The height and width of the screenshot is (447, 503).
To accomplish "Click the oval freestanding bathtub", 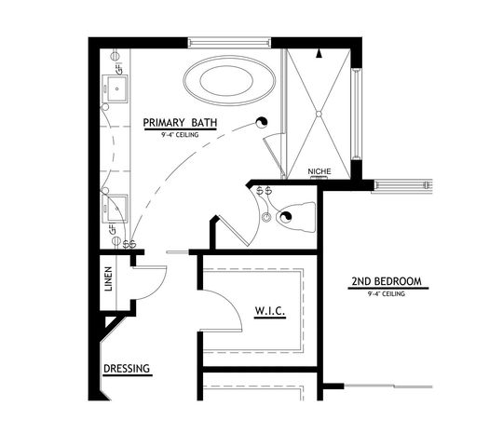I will pos(228,78).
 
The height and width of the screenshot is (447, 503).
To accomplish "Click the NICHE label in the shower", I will pos(319,171).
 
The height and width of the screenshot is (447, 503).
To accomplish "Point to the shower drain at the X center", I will pos(319,114).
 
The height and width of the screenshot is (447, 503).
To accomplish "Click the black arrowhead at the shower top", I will pos(319,55).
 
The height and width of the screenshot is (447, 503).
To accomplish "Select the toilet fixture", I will pos(296,216).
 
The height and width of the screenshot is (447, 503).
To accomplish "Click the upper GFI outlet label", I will pos(117,67).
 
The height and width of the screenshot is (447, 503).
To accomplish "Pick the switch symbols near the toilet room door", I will pos(264,191).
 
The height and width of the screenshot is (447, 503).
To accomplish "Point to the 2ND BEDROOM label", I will pos(387,281).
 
